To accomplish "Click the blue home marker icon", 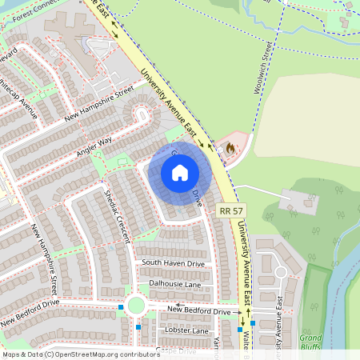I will pyautogui.click(x=180, y=173).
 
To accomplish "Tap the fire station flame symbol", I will pyautogui.click(x=232, y=148).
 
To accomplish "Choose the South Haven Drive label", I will pyautogui.click(x=173, y=263).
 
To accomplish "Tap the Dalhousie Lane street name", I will pyautogui.click(x=174, y=284).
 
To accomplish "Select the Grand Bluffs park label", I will pyautogui.click(x=310, y=342).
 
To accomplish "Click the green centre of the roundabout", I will pyautogui.click(x=134, y=306).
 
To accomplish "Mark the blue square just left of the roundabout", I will pyautogui.click(x=121, y=306).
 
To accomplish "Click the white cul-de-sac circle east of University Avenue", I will pyautogui.click(x=280, y=272).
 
